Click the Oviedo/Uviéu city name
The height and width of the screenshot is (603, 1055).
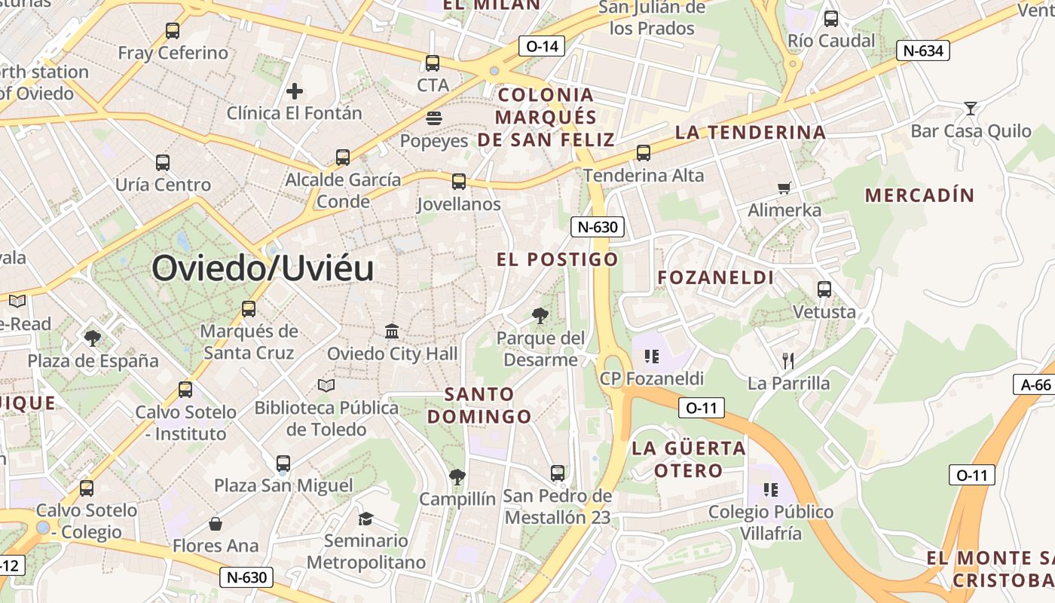tap(263, 268)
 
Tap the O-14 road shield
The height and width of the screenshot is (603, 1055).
tap(542, 46)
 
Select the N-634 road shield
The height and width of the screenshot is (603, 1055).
tap(922, 51)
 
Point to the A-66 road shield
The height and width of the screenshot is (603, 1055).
tap(1035, 384)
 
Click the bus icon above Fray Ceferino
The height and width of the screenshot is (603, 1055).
tap(173, 31)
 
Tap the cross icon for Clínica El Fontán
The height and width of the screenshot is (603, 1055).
tap(295, 91)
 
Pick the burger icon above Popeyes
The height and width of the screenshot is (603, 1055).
tap(433, 118)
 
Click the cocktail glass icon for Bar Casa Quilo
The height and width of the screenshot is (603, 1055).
tap(971, 109)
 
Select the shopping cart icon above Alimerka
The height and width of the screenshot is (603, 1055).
tap(784, 188)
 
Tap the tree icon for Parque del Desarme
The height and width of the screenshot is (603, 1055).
tap(540, 315)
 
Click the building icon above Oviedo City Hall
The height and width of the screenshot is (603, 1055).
tap(392, 331)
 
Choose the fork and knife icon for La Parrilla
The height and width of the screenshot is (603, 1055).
tap(788, 360)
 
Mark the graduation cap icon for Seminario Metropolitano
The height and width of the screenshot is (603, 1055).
tap(365, 518)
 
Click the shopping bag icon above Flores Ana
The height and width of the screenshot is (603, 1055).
tap(216, 523)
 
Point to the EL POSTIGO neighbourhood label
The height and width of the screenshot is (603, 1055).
tap(557, 259)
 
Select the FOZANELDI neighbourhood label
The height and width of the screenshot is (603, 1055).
tap(715, 277)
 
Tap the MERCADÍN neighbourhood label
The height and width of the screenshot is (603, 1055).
tap(919, 195)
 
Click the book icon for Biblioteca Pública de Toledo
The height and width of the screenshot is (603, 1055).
tap(326, 385)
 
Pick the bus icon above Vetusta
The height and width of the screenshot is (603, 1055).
tap(824, 289)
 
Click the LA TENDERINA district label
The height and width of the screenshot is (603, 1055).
tap(751, 132)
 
